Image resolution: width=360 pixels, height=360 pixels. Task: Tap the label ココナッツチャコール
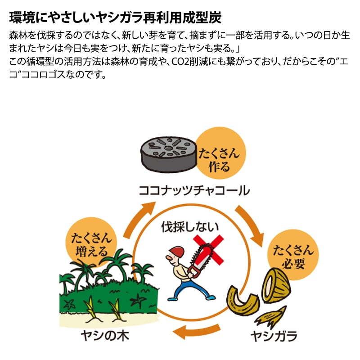194,190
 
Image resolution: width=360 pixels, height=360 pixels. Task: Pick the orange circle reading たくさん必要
293,255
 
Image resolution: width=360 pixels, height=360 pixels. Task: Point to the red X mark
208,250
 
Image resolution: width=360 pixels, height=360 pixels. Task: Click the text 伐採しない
190,227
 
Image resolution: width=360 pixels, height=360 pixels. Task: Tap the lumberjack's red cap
177,252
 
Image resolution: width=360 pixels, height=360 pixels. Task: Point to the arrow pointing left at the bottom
197,331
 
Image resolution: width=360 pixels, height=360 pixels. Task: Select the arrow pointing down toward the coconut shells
250,225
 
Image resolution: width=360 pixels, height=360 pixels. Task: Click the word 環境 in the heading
22,18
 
